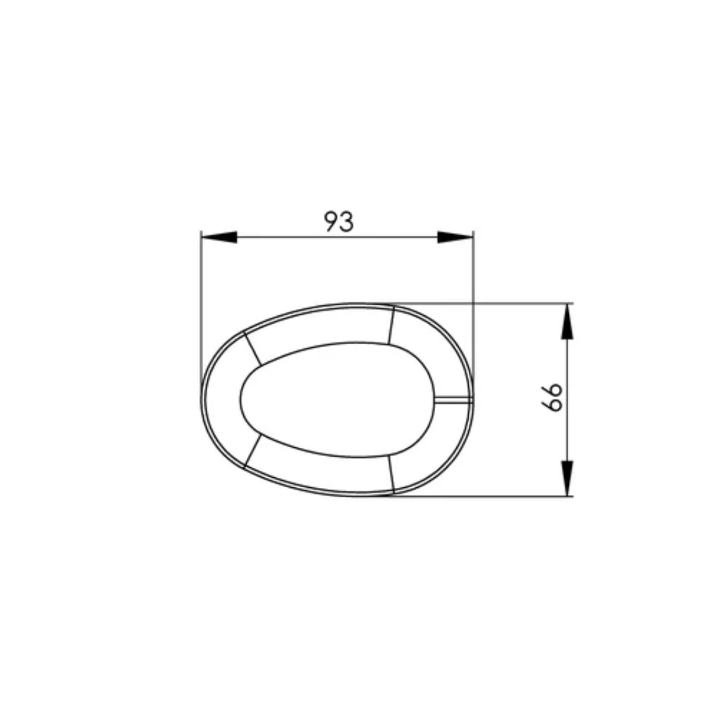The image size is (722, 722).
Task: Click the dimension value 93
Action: [339, 221]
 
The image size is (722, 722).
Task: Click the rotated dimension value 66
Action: [552, 398]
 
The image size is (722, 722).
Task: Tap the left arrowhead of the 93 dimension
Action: [219, 237]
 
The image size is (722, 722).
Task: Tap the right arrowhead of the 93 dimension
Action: [455, 237]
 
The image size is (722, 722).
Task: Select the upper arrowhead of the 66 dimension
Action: [568, 322]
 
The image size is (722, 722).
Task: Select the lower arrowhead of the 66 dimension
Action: [568, 478]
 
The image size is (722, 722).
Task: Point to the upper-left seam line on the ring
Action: [252, 348]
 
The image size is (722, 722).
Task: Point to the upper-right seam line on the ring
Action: [391, 324]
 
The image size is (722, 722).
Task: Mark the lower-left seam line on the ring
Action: [252, 451]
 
